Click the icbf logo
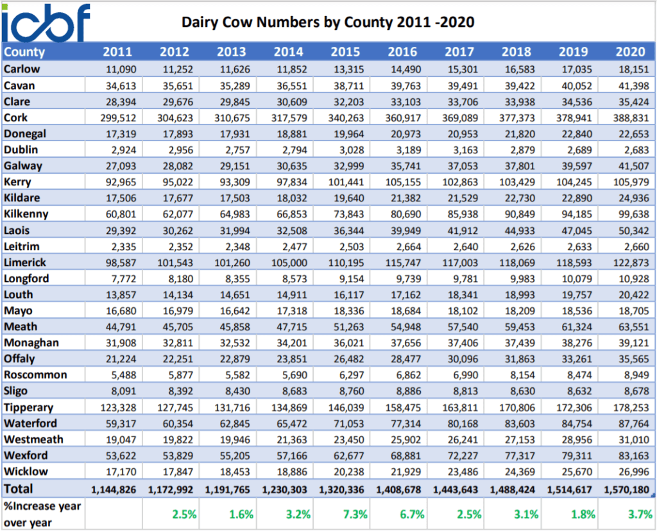(46, 22)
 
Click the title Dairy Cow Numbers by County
(328, 22)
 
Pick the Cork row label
(15, 117)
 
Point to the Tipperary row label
(28, 407)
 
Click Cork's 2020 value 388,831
(630, 118)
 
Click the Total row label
(19, 489)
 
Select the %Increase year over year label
(42, 514)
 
